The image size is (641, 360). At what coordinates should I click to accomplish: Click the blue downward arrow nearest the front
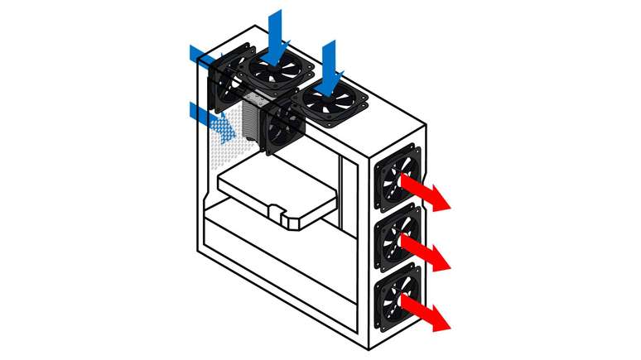point(333,68)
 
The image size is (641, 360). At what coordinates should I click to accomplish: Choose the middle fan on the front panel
point(398,238)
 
